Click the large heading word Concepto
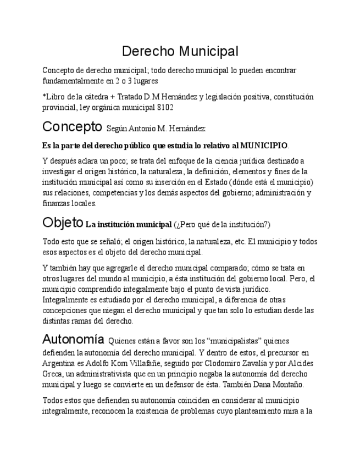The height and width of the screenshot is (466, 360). [72, 127]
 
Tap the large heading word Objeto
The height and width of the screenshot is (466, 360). [62, 223]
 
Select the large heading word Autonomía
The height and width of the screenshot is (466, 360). [73, 339]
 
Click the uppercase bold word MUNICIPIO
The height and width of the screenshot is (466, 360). [264, 146]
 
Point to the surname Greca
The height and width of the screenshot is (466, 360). [53, 374]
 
